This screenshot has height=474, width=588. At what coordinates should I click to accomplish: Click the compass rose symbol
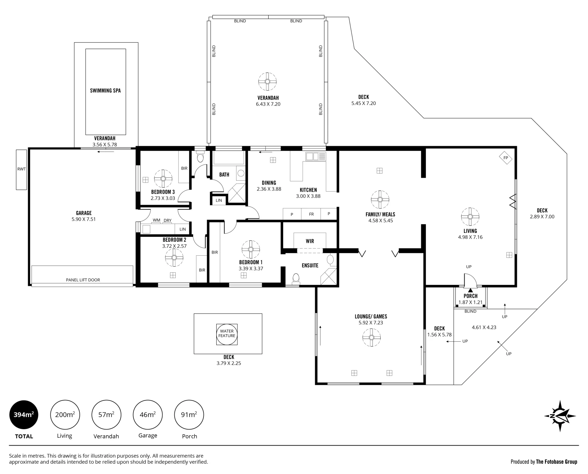tap(560, 416)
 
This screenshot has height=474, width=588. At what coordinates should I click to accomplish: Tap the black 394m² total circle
tap(24, 415)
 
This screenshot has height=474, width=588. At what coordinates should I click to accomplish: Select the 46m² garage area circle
tap(148, 415)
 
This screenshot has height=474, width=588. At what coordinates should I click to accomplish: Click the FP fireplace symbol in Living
tap(505, 158)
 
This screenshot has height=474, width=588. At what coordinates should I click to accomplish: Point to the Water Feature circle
tap(227, 334)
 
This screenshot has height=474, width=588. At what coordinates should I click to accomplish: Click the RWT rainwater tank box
tap(21, 169)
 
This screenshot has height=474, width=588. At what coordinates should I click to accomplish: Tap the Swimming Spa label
tap(105, 91)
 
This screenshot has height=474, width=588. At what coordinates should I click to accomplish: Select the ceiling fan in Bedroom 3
tap(163, 179)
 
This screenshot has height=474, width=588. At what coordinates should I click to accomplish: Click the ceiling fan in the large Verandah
tap(267, 81)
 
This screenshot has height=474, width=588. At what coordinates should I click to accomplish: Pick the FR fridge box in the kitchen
tap(311, 214)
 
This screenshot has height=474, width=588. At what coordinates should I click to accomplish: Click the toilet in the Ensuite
tap(296, 279)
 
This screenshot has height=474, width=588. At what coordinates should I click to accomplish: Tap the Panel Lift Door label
tap(83, 280)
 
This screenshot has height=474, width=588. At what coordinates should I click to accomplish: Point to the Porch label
tap(470, 296)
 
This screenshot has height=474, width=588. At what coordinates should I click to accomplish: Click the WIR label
tap(310, 241)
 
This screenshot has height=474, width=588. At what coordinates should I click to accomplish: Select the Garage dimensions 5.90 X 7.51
tap(84, 219)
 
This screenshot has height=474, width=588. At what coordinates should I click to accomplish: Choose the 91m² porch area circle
tap(189, 415)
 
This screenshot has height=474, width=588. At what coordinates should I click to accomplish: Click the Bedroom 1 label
tap(251, 262)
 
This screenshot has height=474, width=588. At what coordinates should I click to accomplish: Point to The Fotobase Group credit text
tap(557, 462)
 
